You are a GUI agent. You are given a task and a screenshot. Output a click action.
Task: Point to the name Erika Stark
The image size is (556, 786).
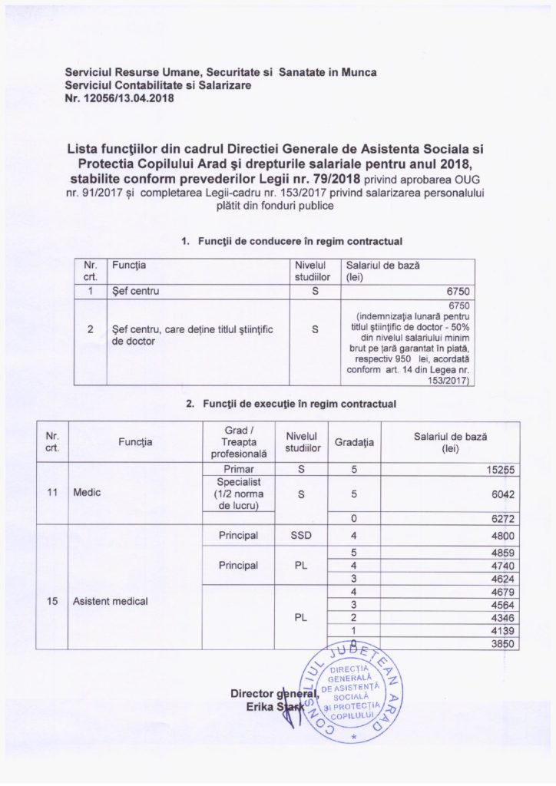[259, 706]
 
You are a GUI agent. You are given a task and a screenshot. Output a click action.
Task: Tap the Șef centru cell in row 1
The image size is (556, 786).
[136, 292]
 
